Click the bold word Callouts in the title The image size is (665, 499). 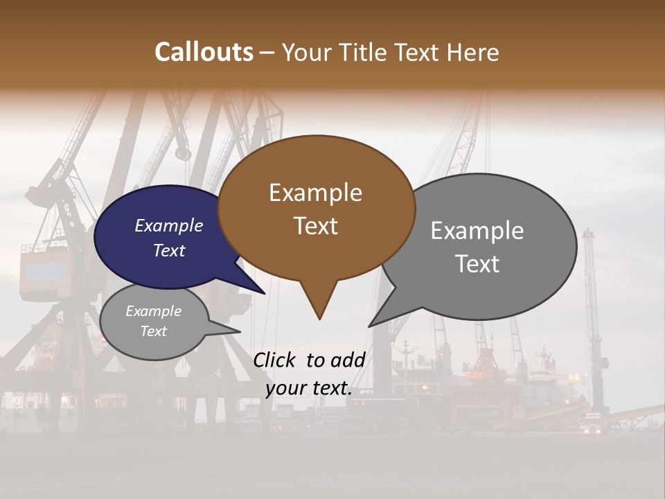[x=204, y=52]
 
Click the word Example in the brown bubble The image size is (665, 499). [x=315, y=193]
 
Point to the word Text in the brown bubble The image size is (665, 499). [x=315, y=226]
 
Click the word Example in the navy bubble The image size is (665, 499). [x=169, y=225]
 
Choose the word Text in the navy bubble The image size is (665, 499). [x=169, y=250]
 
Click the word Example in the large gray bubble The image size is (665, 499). [x=477, y=231]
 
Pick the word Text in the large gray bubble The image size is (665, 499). [x=477, y=264]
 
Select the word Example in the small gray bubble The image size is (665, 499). [x=153, y=311]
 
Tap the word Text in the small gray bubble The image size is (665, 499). [x=153, y=331]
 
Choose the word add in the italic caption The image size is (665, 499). [x=348, y=360]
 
